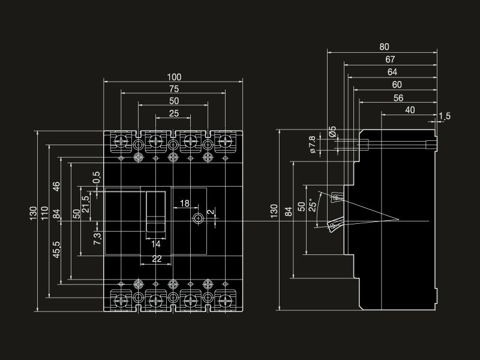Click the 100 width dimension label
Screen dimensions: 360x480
174,77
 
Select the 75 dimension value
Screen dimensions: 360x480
174,89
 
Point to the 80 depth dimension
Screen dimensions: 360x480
384,47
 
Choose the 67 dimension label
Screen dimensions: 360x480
391,59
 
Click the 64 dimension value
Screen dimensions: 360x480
393,72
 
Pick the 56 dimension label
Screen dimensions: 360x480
398,98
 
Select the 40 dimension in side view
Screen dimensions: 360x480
410,110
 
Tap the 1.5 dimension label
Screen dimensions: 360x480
445,116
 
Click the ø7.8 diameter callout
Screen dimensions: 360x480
312,145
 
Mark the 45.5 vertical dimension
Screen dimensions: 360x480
56,250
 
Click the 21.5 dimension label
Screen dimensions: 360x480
85,202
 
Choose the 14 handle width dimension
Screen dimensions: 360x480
156,244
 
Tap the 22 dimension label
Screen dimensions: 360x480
156,259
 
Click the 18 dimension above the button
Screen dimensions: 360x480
185,204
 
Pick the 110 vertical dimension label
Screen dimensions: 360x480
44,214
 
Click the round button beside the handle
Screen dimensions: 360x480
198,220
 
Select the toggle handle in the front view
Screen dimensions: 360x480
156,213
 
